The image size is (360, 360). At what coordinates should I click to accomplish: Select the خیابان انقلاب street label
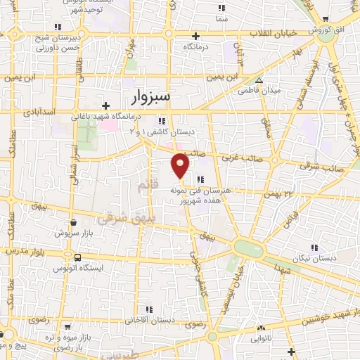pos(273,33)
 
